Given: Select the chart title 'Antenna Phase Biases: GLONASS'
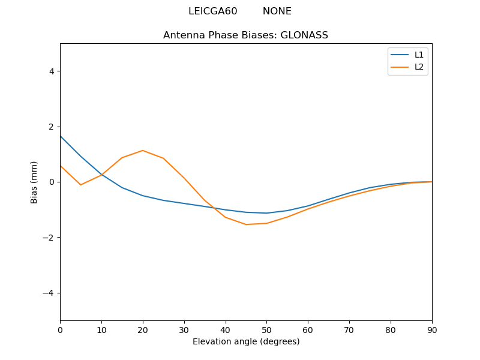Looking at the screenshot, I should point(245,35).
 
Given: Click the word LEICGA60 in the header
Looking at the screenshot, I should point(212,11).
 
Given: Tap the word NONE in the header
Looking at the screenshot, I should point(277,11).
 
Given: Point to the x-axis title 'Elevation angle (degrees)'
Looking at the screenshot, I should point(245,341).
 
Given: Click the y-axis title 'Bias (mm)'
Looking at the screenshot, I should point(34,182).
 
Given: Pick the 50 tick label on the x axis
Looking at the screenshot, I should point(266,329).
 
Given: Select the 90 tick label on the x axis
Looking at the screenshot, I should point(431,329).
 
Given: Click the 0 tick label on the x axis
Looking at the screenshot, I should point(60,329).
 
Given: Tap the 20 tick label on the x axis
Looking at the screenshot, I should point(143,329).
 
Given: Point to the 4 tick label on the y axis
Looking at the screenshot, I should point(52,71).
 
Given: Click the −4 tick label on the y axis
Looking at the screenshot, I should point(49,293).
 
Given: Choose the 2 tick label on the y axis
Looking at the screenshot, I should point(52,127).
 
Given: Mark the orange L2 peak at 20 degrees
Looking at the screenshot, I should point(143,151).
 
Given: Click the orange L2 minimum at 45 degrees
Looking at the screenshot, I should point(246,224).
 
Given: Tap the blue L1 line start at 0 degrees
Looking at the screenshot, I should point(61,136).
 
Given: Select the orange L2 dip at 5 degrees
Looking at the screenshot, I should point(80,185).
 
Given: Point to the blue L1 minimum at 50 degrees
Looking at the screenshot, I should point(266,213).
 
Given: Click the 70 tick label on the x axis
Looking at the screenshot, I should point(349,329).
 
